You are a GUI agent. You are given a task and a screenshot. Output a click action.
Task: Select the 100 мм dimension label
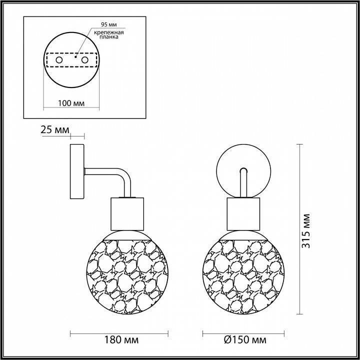click(71, 103)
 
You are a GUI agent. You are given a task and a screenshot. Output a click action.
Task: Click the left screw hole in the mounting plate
click(59, 60)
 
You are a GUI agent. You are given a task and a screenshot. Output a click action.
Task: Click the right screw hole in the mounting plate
click(84, 60)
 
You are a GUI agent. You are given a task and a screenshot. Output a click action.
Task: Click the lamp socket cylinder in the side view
click(127, 212)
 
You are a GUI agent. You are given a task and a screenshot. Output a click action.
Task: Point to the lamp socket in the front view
click(243, 212)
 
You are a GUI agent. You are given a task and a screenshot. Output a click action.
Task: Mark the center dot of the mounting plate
click(74, 57)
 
